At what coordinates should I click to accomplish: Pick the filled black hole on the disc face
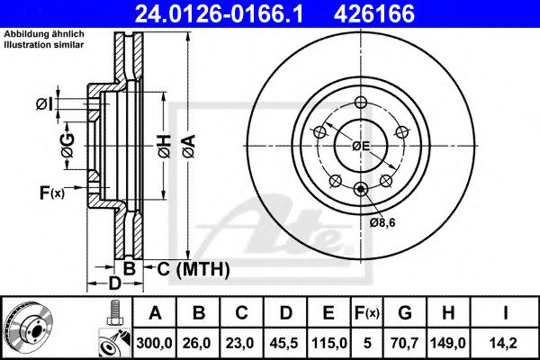point(361,188)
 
